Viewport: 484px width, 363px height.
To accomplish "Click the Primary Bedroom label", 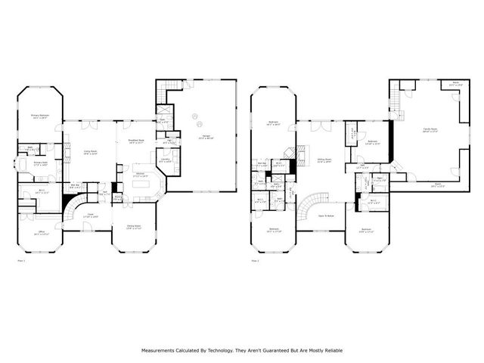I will tap(39, 116).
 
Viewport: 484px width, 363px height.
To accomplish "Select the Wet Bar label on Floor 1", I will tap(76, 185).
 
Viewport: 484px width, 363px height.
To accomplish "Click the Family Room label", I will tap(430, 130).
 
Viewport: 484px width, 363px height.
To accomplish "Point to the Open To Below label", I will tap(327, 215).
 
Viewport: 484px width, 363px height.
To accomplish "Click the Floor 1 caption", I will tap(22, 260).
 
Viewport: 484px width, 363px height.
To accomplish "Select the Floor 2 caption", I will tap(255, 260).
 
